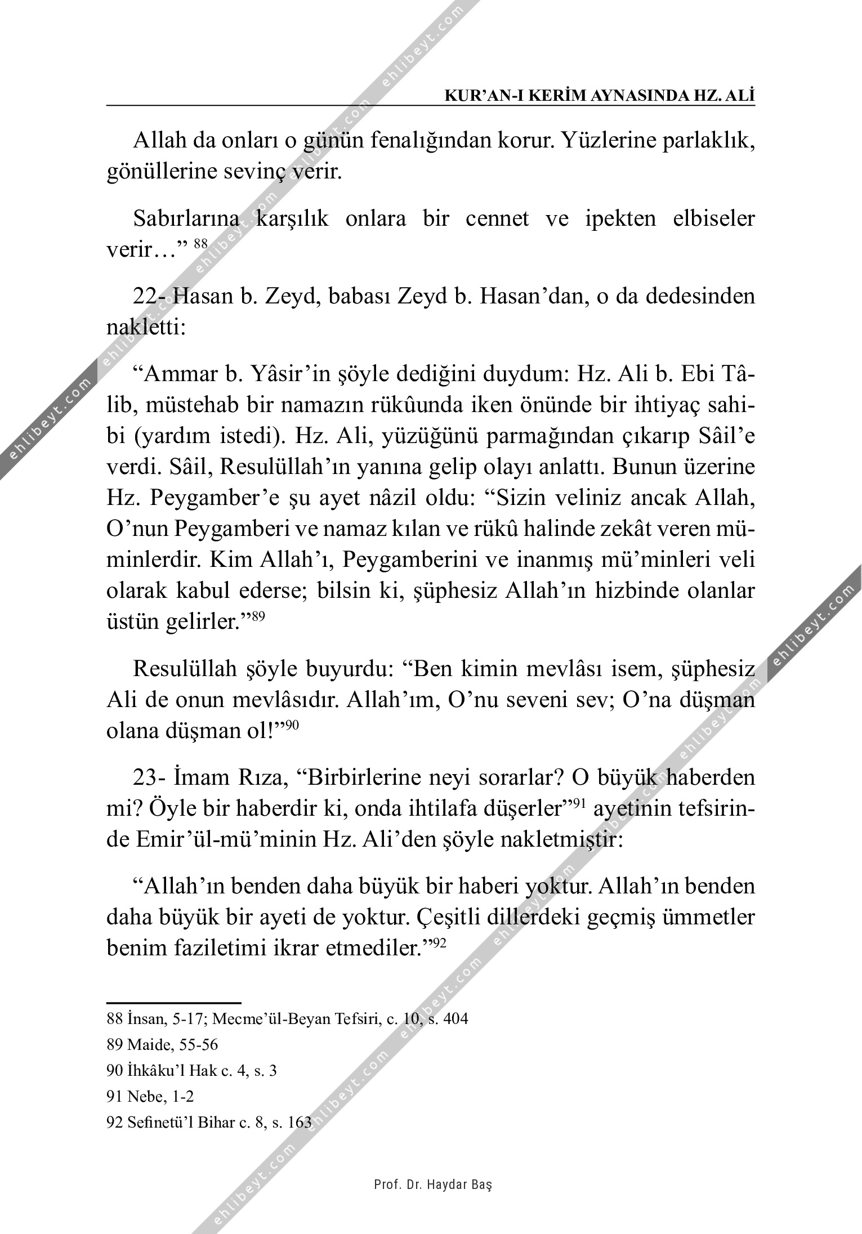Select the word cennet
pos(497,218)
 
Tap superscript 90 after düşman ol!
pos(292,725)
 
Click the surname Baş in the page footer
pos(484,1184)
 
